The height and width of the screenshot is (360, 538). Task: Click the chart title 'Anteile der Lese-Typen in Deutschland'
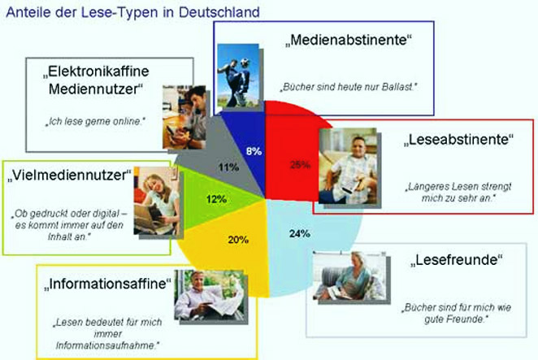pos(132,12)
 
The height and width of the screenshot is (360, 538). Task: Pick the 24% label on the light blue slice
pos(299,234)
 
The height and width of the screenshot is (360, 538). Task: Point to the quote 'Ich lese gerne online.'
pos(93,122)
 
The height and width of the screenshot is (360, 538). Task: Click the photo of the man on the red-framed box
pos(349,159)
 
